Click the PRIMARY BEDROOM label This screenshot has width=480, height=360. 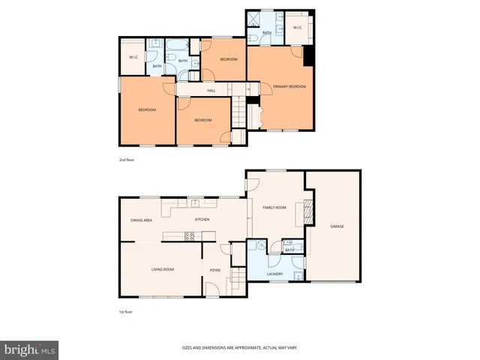289,87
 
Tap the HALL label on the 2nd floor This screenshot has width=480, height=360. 201,91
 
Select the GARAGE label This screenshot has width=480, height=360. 337,226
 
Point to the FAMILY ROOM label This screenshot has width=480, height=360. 274,207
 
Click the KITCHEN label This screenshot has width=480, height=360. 202,220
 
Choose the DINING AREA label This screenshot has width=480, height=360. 142,220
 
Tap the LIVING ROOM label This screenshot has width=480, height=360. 163,269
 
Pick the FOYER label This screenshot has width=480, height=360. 215,270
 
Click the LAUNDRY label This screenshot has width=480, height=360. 274,274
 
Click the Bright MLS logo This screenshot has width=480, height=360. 30,349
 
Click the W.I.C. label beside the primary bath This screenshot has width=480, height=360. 296,28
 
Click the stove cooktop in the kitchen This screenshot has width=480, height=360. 190,236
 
